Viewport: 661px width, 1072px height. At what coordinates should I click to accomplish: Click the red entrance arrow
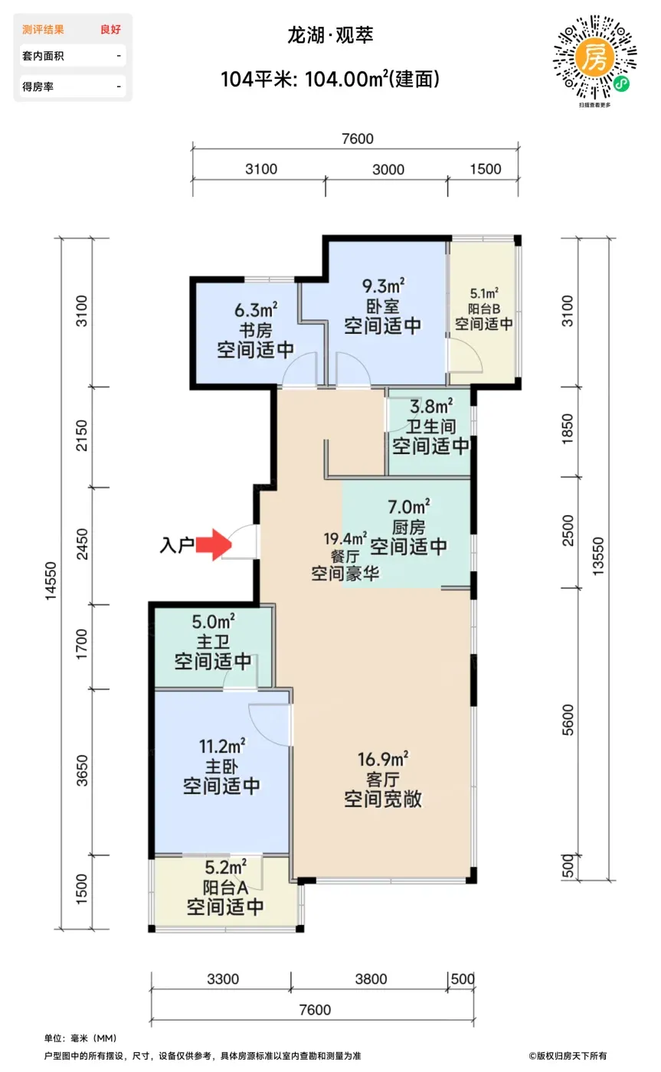tap(214, 544)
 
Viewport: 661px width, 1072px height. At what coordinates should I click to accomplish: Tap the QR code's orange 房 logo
tap(594, 57)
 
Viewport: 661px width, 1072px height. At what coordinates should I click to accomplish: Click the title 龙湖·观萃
tap(330, 35)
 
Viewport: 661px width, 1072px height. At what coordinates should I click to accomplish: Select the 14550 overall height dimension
tap(51, 581)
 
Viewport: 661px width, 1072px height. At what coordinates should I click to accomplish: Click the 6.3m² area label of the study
tap(256, 310)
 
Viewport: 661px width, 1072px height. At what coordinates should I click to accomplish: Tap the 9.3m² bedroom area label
tap(384, 286)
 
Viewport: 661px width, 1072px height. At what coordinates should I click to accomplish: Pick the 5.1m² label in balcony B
tap(484, 293)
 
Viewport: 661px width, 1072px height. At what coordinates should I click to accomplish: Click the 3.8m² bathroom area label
tap(431, 407)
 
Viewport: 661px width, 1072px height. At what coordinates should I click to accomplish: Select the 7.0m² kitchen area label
tap(409, 506)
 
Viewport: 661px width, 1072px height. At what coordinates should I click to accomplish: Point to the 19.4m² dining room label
tap(345, 538)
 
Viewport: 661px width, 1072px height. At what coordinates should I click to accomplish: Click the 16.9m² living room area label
tap(384, 759)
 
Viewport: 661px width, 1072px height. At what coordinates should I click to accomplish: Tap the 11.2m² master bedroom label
tap(222, 746)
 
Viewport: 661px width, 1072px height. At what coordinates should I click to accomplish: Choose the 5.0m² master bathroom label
tap(214, 622)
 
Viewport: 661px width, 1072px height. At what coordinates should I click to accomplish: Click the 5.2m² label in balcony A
tap(225, 867)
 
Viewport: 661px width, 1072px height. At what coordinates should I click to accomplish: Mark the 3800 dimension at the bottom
tap(371, 979)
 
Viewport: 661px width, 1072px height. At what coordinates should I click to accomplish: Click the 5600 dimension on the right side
tap(568, 720)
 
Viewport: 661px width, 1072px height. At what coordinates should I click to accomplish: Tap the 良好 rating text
tap(110, 30)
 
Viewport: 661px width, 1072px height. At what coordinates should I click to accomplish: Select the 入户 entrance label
tap(177, 545)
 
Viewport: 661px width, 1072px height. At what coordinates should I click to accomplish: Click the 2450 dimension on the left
tap(82, 544)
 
